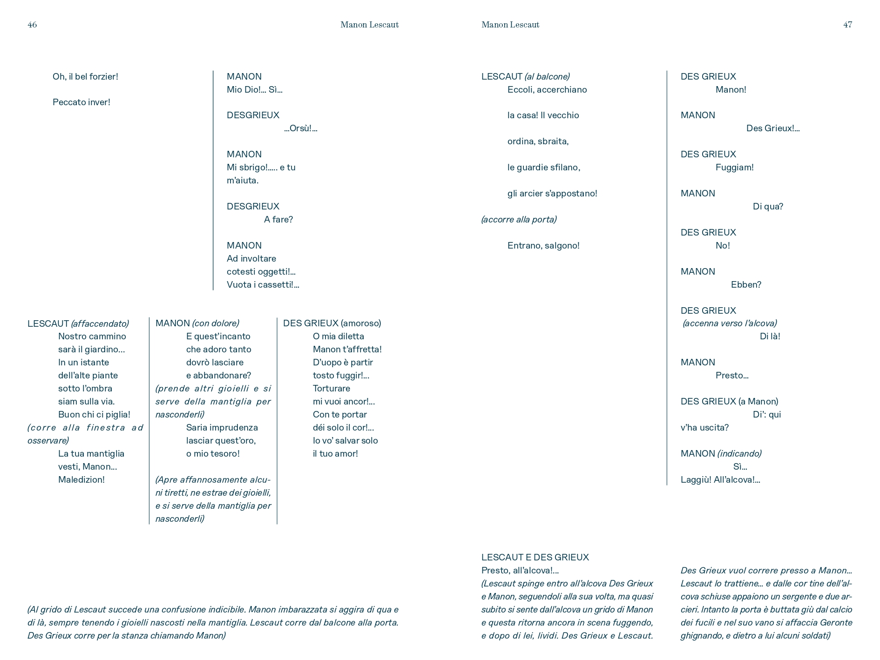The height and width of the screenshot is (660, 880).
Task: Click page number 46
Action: [32, 25]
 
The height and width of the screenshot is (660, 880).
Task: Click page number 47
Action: [847, 25]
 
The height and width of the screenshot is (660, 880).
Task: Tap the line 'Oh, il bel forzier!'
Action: [85, 76]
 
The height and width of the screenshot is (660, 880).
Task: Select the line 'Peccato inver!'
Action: [81, 102]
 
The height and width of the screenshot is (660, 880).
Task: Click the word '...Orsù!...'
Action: [301, 128]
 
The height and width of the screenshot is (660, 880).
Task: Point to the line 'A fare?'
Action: [278, 219]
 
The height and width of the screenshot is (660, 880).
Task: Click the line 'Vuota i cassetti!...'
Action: [263, 284]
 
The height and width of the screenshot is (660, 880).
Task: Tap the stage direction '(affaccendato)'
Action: [100, 323]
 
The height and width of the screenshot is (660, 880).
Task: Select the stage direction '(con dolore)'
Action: [216, 323]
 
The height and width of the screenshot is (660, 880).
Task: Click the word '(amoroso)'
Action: [361, 323]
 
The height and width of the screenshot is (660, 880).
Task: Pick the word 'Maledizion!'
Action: [81, 479]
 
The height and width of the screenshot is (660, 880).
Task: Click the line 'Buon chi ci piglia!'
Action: [94, 414]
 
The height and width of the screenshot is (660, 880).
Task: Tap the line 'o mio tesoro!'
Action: [213, 453]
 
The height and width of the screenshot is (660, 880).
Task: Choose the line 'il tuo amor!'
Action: [335, 453]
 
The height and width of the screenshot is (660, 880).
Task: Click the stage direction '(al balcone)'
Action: [547, 76]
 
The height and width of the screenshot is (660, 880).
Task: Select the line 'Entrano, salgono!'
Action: [543, 245]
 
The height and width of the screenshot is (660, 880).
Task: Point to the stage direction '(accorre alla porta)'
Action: [519, 219]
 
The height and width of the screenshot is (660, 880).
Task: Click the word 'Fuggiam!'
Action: [734, 167]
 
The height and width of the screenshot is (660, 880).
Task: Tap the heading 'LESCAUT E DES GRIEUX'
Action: [535, 557]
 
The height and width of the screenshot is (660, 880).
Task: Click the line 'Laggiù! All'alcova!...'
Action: [720, 479]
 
